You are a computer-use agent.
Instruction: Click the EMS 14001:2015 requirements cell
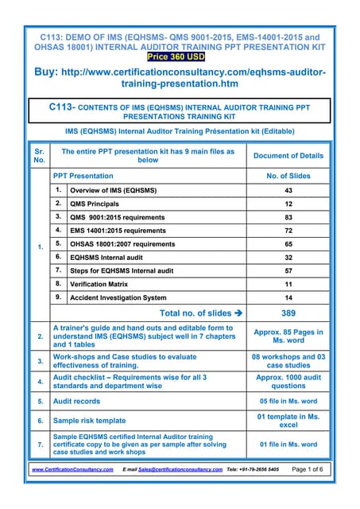click(x=118, y=231)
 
